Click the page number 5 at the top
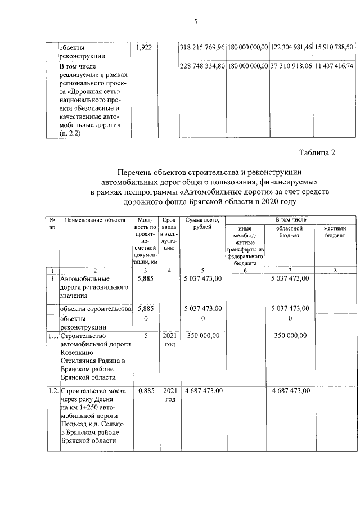[195, 22]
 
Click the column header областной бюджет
[290, 232]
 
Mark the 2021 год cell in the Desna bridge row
[169, 394]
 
